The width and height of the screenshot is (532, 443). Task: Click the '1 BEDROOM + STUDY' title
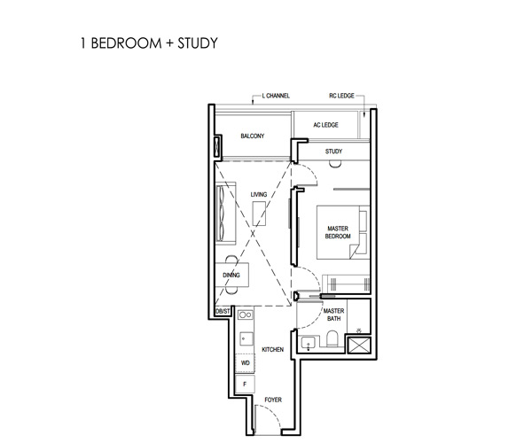(x=149, y=43)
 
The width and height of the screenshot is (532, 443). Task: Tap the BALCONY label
(x=253, y=136)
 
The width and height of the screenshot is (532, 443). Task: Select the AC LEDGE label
(x=325, y=125)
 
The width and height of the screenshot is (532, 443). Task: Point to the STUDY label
(x=334, y=152)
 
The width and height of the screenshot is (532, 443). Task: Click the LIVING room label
(x=259, y=194)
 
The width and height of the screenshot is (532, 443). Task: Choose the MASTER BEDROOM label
(x=338, y=232)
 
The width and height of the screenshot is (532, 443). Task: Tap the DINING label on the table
(x=231, y=275)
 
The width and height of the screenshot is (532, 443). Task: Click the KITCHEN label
(x=273, y=349)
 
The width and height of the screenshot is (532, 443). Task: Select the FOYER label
(x=273, y=400)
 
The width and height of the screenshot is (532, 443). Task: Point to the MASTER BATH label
(x=334, y=315)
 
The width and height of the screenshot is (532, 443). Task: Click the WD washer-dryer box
(x=245, y=363)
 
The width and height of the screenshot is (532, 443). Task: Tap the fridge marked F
(x=245, y=384)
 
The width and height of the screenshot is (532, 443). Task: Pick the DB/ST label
(x=223, y=311)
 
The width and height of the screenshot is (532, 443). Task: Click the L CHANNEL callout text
(x=276, y=96)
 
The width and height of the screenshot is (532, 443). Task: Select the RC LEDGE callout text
(x=341, y=96)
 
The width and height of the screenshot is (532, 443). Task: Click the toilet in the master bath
(x=332, y=338)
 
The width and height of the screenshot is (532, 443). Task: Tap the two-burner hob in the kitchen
(x=245, y=315)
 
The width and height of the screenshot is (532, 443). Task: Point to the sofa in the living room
(x=225, y=214)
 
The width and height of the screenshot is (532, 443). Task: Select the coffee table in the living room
(x=259, y=214)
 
